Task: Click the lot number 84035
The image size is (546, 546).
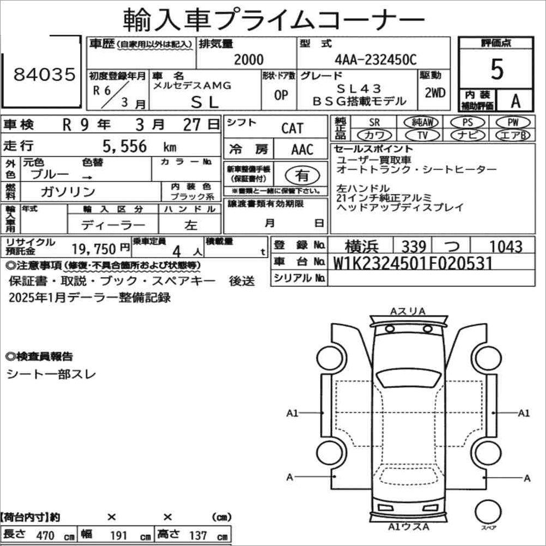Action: tap(44, 75)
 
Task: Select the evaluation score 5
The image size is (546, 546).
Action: tap(496, 70)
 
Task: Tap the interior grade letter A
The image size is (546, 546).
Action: tap(515, 101)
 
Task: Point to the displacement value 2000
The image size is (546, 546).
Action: tap(248, 60)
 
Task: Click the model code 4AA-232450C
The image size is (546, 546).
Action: tap(375, 60)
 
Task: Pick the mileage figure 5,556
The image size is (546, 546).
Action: tap(125, 146)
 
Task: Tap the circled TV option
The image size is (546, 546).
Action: tap(422, 135)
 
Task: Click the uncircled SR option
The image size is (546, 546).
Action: tap(374, 122)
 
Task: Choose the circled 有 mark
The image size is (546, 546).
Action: tap(302, 175)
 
